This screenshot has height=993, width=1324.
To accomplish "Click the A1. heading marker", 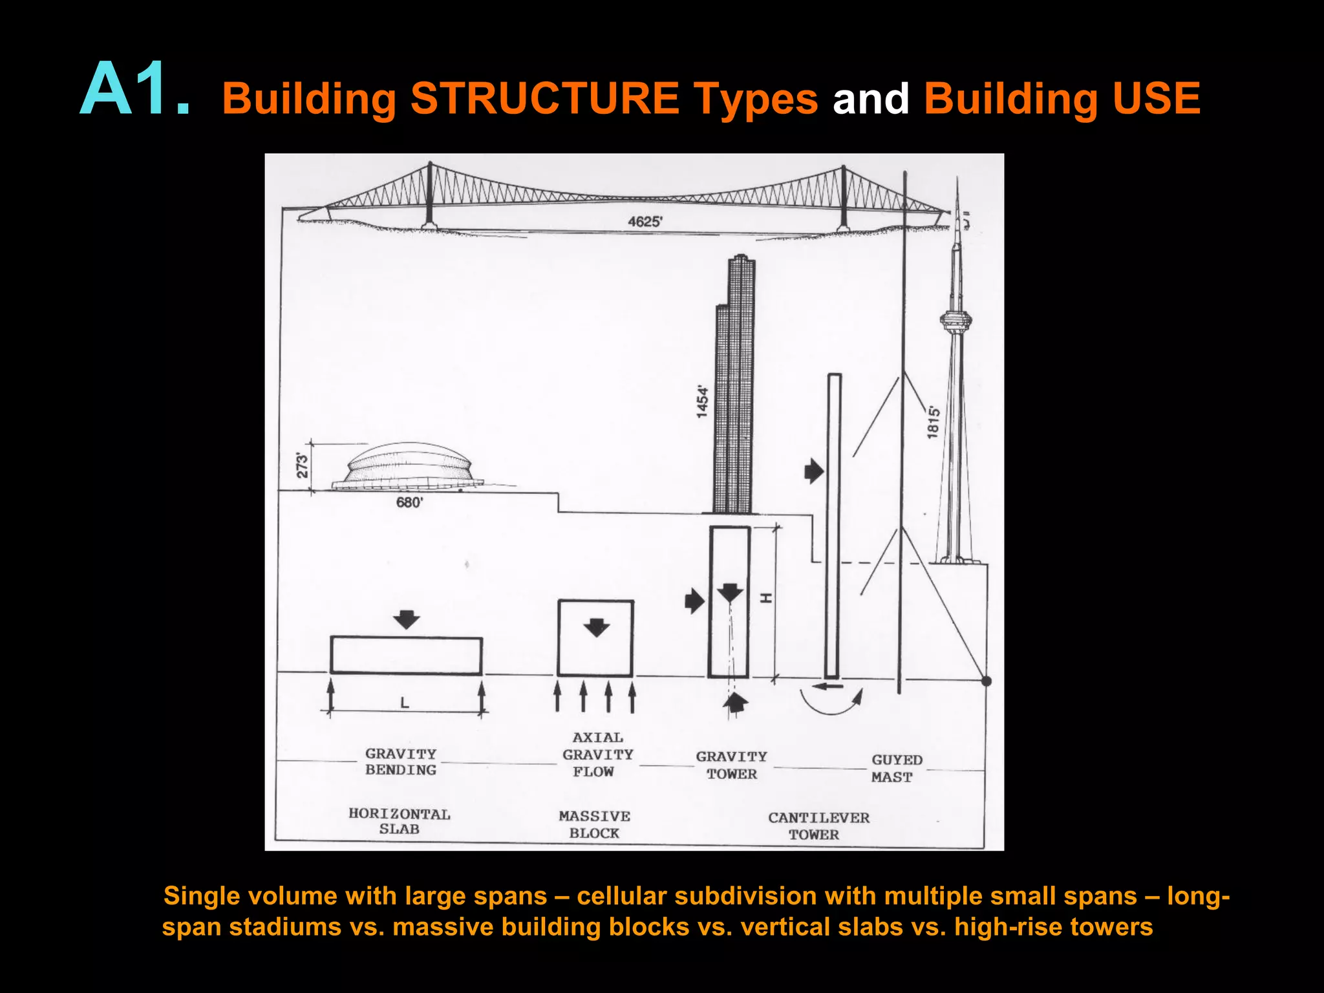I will point(134,91).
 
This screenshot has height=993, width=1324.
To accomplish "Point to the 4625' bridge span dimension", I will point(645,222).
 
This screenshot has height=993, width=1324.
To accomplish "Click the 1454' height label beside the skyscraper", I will point(703,402).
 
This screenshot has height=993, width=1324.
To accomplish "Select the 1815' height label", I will point(933,422).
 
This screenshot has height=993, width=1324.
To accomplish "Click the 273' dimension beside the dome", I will point(302,465).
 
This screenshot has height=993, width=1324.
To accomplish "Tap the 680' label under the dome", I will point(409,502).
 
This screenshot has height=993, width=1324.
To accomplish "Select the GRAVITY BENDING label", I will point(401,762).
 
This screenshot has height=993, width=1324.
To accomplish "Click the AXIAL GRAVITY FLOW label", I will point(597,754).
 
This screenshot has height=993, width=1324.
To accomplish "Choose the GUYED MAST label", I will point(895,768).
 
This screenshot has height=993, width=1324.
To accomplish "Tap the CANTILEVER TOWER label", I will point(818,826).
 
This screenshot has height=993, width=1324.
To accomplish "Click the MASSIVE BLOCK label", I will point(594,824).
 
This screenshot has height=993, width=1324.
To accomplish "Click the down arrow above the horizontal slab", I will point(407,619).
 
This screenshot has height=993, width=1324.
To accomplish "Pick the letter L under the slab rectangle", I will point(405,703).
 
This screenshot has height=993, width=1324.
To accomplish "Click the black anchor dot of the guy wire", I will point(986,681).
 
